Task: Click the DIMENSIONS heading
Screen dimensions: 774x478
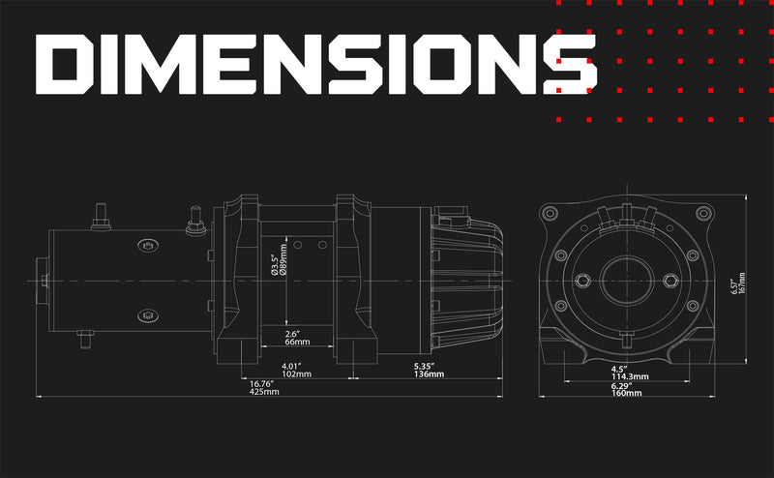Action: click(316, 64)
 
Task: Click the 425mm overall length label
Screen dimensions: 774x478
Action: click(264, 392)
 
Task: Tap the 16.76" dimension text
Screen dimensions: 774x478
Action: click(261, 384)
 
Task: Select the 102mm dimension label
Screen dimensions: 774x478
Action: click(296, 374)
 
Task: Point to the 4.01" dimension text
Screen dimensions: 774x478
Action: click(291, 366)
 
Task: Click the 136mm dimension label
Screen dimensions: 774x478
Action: click(429, 374)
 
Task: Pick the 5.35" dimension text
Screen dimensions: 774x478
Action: click(424, 366)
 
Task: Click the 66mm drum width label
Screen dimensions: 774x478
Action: click(298, 343)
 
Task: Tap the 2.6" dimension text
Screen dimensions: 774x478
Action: click(292, 334)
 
